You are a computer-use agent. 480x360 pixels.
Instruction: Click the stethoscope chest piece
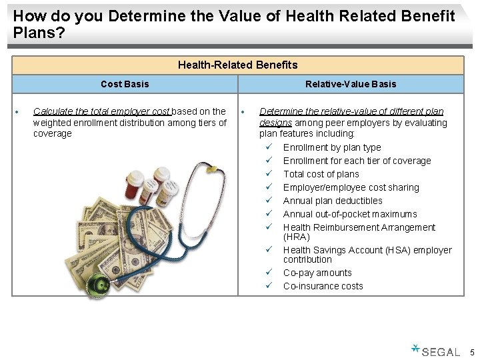tap(101, 285)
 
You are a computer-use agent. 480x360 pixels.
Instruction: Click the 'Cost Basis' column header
tap(125, 84)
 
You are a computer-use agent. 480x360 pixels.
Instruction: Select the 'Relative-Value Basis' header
tap(351, 84)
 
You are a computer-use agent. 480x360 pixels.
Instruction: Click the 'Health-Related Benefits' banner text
tap(237, 65)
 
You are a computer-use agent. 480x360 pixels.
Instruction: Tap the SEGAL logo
tap(437, 351)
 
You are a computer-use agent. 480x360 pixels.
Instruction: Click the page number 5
tap(471, 351)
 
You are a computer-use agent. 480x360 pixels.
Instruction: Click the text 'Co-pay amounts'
tap(317, 273)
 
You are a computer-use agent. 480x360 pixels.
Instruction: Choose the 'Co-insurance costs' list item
tap(323, 286)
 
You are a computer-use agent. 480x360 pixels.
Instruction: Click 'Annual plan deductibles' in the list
tap(333, 201)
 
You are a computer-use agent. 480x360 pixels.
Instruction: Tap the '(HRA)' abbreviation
tap(297, 237)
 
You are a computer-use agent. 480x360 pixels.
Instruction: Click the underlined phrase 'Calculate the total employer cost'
tap(102, 111)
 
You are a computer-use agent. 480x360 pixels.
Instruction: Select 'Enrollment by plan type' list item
tap(332, 147)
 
